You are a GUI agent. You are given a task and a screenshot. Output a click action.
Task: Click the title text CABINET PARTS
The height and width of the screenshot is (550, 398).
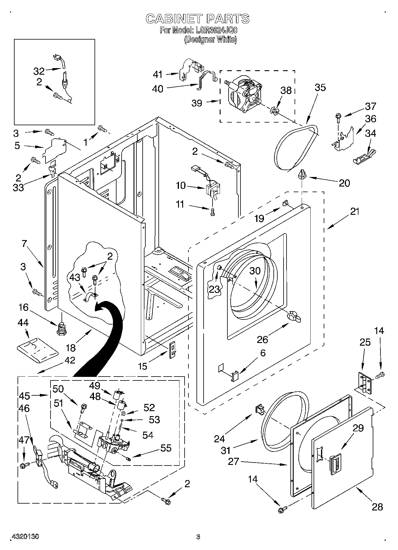197,19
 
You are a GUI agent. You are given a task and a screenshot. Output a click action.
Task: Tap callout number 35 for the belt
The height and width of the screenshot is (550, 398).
320,87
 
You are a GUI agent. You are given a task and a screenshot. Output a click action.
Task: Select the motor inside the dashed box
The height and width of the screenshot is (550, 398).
244,94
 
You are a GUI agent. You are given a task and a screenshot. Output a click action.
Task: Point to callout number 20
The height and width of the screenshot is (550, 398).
344,183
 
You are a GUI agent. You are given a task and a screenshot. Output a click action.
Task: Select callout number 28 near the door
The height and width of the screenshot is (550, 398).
377,507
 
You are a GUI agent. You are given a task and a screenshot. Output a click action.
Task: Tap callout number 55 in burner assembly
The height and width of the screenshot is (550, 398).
166,448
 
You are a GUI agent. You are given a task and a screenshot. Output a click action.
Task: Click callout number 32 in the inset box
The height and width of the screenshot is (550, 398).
39,71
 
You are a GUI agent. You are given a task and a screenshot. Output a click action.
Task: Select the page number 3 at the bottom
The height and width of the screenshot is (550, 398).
198,537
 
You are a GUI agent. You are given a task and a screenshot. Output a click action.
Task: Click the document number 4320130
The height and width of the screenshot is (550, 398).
25,537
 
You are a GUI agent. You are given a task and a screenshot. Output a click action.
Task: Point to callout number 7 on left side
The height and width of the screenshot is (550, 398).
24,244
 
